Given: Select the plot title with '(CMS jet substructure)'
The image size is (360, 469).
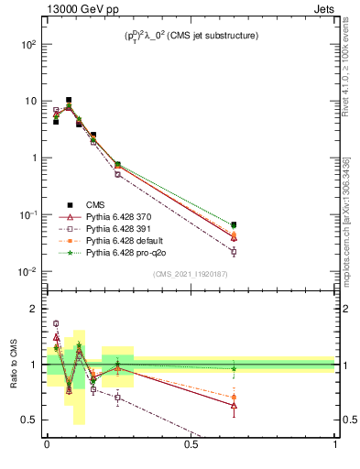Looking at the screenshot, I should [191, 36].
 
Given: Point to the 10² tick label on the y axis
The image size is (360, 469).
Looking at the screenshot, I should [28, 44].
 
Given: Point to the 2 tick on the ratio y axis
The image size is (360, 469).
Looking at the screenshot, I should [33, 309].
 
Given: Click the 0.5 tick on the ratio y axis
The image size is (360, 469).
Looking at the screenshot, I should [30, 420].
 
